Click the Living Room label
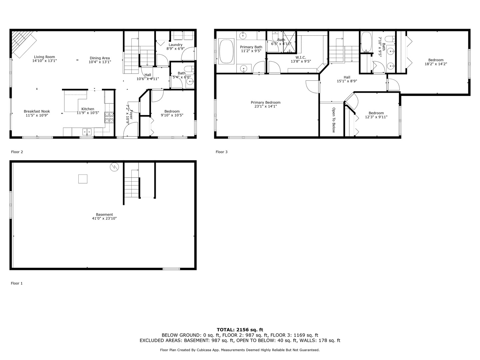44,57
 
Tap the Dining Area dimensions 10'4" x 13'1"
100,62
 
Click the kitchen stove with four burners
109,118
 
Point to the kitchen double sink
87,132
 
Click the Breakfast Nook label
37,111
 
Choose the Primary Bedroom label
265,102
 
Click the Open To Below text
333,120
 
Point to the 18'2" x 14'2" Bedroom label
436,60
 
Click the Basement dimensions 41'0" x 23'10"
104,219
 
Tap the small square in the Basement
83,179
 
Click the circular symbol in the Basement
114,167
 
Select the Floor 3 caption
221,152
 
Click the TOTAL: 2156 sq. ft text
240,330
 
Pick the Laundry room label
175,45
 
